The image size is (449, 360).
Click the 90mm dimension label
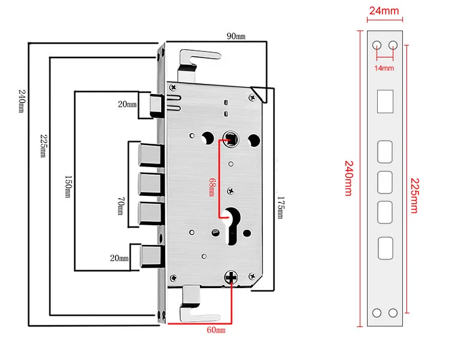pyautogui.click(x=236, y=36)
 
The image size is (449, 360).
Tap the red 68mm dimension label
pyautogui.click(x=211, y=187)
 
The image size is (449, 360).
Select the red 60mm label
pyautogui.click(x=216, y=330)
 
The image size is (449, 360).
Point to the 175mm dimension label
pyautogui.click(x=281, y=207)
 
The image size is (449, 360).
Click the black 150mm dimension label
pyautogui.click(x=68, y=187)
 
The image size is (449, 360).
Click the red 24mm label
pyautogui.click(x=384, y=11)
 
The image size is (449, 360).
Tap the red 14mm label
pyautogui.click(x=384, y=68)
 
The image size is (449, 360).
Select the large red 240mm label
pyautogui.click(x=349, y=179)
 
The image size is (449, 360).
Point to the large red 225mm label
pyautogui.click(x=415, y=196)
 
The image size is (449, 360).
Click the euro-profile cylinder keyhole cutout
pyautogui.click(x=232, y=226)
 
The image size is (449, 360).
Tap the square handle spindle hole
pyautogui.click(x=231, y=139)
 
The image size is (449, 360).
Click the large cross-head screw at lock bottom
pyautogui.click(x=231, y=277)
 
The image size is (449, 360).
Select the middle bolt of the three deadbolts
pyautogui.click(x=151, y=184)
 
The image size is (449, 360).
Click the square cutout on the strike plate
pyautogui.click(x=385, y=101)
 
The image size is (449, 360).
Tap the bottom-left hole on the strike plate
pyautogui.click(x=377, y=313)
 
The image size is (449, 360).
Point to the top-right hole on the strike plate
pyautogui.click(x=393, y=45)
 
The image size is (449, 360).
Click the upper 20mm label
pyautogui.click(x=127, y=104)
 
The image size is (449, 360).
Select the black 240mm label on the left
pyautogui.click(x=22, y=101)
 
